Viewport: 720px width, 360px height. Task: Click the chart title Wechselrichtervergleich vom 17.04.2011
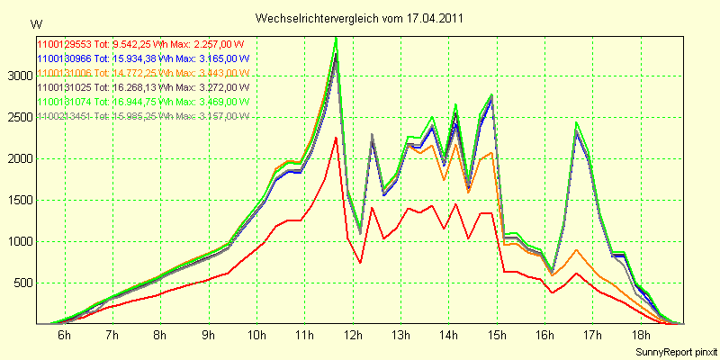pyautogui.click(x=360, y=18)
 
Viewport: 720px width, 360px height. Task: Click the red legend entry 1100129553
pyautogui.click(x=139, y=43)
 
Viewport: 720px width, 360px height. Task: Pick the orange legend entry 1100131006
pyautogui.click(x=139, y=72)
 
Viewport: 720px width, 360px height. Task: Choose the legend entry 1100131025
pyautogui.click(x=139, y=86)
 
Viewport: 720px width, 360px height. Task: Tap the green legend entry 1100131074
pyautogui.click(x=139, y=101)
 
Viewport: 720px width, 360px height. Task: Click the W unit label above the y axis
pyautogui.click(x=35, y=22)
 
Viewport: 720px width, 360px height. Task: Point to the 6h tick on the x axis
pyautogui.click(x=65, y=335)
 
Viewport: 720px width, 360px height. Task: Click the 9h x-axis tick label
pyautogui.click(x=208, y=335)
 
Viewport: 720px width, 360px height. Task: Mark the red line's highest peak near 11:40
pyautogui.click(x=336, y=138)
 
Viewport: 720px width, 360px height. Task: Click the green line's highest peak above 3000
pyautogui.click(x=336, y=38)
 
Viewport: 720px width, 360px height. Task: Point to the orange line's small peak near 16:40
pyautogui.click(x=576, y=249)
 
